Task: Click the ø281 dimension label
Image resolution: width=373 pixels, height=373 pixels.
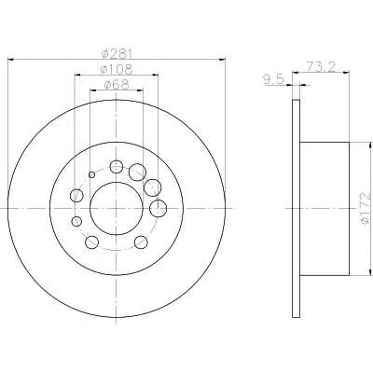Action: click(x=117, y=54)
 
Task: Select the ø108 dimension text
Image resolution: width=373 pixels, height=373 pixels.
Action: click(x=117, y=69)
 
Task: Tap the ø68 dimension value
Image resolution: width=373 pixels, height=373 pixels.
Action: click(x=117, y=85)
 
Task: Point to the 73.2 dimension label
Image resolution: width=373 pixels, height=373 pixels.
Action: click(x=321, y=67)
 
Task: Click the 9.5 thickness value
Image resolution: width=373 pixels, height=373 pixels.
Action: click(x=274, y=80)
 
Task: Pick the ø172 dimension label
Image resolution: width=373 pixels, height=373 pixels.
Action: click(x=366, y=207)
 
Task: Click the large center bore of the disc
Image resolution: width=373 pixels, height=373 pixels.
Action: click(x=117, y=208)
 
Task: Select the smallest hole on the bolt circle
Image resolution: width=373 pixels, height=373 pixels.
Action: click(x=91, y=174)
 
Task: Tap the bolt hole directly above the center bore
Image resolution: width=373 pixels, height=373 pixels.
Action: click(x=117, y=167)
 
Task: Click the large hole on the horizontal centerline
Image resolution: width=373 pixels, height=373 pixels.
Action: click(x=159, y=208)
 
